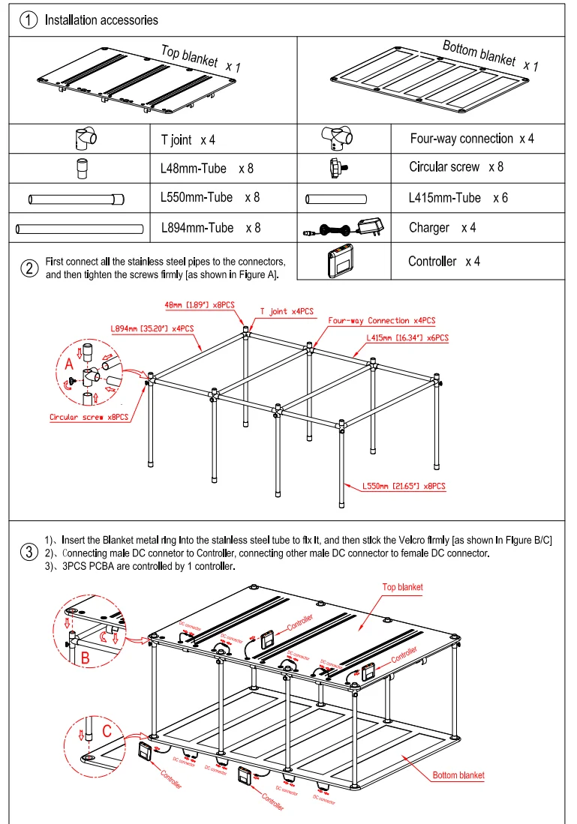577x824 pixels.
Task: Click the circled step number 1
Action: [x=29, y=20]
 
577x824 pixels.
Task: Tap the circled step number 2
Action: [x=29, y=268]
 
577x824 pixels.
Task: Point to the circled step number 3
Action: [x=29, y=553]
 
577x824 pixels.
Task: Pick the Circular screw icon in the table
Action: [x=336, y=168]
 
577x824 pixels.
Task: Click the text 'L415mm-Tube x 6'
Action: [x=458, y=198]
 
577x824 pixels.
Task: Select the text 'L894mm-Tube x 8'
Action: [x=211, y=227]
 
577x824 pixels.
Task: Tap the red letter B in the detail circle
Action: [x=85, y=657]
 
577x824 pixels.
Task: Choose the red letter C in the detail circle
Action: [x=107, y=729]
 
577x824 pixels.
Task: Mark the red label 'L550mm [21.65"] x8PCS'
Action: [x=404, y=486]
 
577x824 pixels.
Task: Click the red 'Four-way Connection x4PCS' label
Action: [x=383, y=320]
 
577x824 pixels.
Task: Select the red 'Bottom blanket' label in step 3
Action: [x=458, y=775]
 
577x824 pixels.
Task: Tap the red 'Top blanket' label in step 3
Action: [x=403, y=587]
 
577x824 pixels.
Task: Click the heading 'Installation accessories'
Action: [x=101, y=20]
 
